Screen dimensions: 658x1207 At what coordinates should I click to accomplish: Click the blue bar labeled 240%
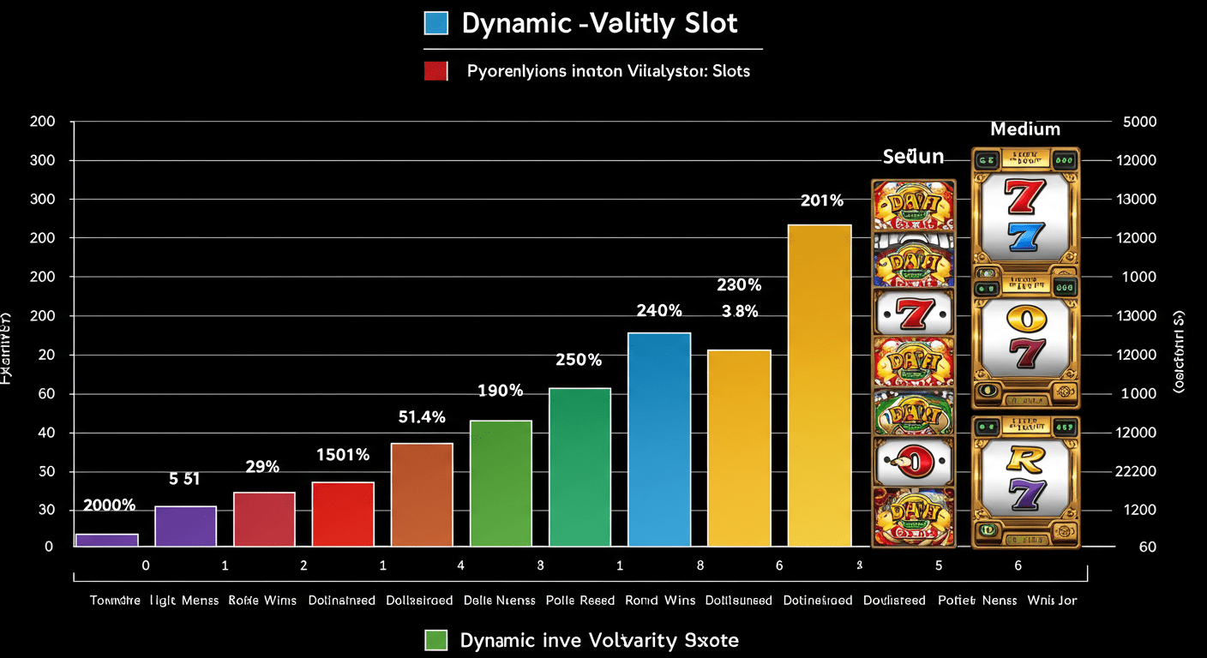click(x=659, y=439)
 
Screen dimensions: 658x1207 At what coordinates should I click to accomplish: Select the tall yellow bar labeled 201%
click(x=820, y=385)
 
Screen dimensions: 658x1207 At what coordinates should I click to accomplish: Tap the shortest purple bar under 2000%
click(x=106, y=540)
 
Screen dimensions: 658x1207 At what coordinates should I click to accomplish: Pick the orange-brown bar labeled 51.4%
click(x=422, y=494)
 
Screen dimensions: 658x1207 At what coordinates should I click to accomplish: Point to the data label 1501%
click(x=342, y=455)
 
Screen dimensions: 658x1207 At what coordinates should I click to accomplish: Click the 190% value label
click(x=500, y=391)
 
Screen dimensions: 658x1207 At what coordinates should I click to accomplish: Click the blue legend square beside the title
click(x=436, y=23)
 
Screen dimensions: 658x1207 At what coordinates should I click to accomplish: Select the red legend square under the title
click(x=436, y=71)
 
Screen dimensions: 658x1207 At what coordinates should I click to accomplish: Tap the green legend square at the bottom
click(x=436, y=640)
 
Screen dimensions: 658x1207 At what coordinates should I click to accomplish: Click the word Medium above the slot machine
click(x=1025, y=129)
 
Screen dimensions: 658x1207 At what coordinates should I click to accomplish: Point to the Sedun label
click(x=913, y=157)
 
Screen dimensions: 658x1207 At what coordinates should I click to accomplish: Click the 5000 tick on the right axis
click(x=1139, y=122)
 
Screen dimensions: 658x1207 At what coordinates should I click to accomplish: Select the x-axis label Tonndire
click(x=115, y=601)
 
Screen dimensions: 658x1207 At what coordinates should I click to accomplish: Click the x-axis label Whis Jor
click(x=1052, y=601)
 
